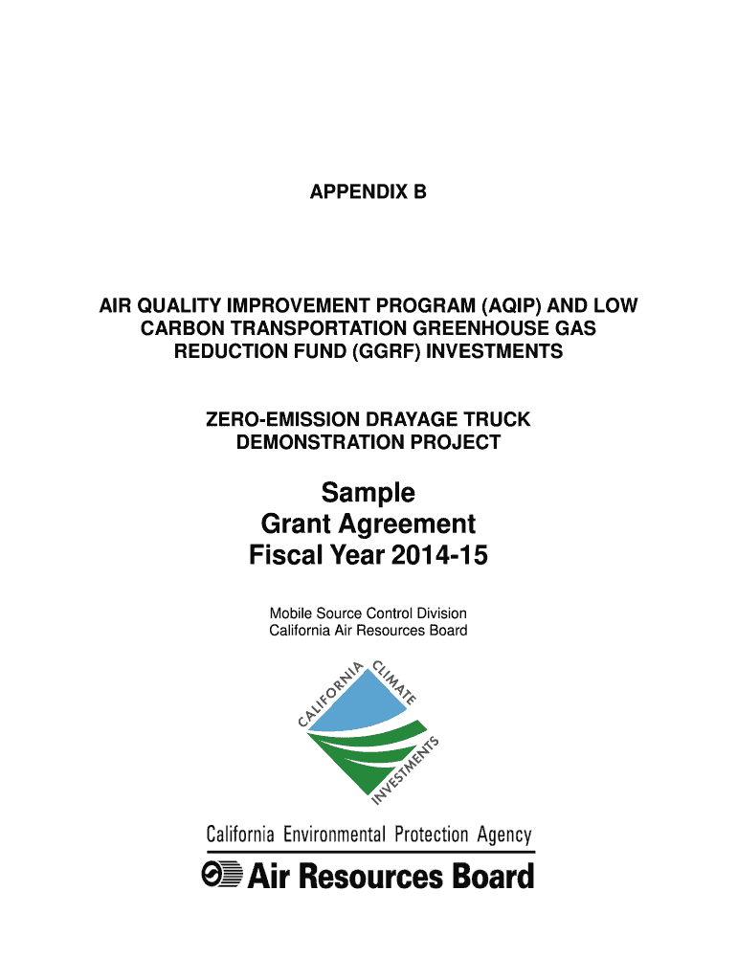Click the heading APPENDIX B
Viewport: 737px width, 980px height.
click(368, 192)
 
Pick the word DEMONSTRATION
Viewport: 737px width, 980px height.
click(310, 442)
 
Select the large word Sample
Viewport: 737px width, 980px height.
click(368, 493)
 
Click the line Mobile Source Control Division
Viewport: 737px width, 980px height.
click(368, 613)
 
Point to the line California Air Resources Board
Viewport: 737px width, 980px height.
click(368, 631)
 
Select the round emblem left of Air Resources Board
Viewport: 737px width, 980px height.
click(221, 876)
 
